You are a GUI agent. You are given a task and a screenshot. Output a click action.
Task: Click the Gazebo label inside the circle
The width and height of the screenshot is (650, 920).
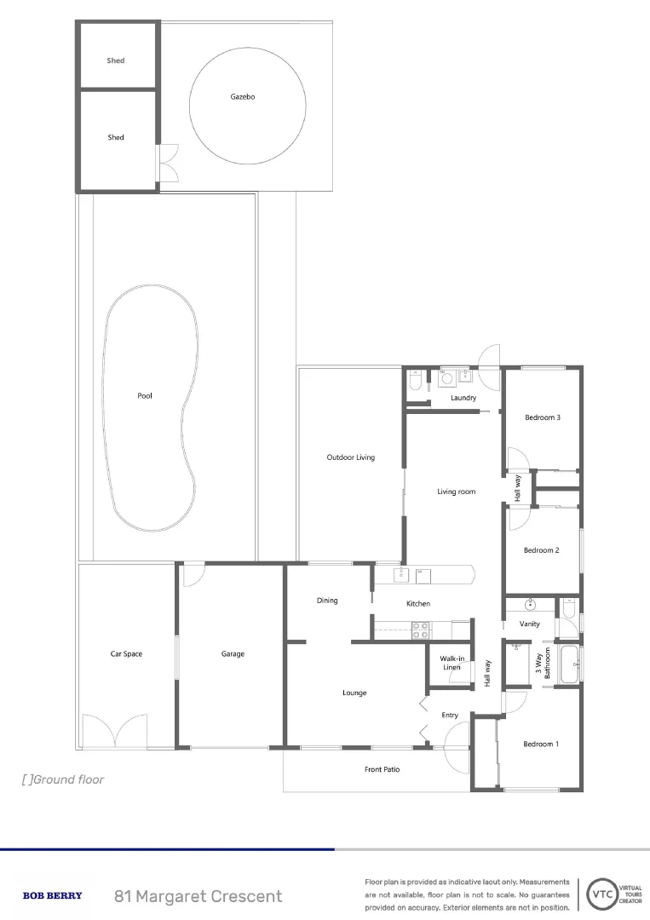pos(243,97)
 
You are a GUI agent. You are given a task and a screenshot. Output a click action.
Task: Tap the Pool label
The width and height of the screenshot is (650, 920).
pos(145,395)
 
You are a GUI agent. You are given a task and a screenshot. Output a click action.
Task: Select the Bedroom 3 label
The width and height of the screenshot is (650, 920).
pos(542,417)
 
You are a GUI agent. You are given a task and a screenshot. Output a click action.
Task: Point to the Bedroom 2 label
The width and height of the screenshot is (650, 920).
pos(541,550)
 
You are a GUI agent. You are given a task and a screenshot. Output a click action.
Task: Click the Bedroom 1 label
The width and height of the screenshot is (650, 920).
pos(541,744)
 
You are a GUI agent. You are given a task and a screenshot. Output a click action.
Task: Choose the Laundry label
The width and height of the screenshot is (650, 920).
pos(463,398)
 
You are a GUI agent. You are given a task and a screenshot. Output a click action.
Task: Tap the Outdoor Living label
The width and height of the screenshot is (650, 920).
pos(350,457)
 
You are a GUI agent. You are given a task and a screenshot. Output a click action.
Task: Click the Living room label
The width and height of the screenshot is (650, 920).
pos(456,492)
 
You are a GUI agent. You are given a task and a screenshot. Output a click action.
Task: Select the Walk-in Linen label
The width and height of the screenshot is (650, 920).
pos(452,662)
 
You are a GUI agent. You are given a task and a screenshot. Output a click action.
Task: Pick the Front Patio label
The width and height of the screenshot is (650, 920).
pos(382,769)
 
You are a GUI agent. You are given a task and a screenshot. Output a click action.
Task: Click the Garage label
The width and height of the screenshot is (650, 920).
pos(233,654)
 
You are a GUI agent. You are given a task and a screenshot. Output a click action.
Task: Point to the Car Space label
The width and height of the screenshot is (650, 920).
pos(126,654)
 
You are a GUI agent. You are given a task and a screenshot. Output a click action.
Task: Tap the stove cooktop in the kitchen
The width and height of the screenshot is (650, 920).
pos(421,630)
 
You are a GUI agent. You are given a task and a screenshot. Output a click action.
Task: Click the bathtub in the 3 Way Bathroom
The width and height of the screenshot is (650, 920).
pos(569,664)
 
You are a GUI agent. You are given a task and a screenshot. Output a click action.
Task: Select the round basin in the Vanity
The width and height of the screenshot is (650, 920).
pos(530,606)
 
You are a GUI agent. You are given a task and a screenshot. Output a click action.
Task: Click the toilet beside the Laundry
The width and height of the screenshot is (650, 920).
pos(414,382)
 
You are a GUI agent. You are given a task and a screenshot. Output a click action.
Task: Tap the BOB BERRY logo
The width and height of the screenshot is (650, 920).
pos(52,895)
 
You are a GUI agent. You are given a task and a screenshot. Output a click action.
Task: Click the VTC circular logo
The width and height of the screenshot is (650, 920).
pos(601,894)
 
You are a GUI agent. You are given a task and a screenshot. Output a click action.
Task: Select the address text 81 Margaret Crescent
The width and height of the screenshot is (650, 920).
pos(198,896)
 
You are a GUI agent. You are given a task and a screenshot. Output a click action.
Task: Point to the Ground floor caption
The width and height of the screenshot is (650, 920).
pos(63,779)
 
